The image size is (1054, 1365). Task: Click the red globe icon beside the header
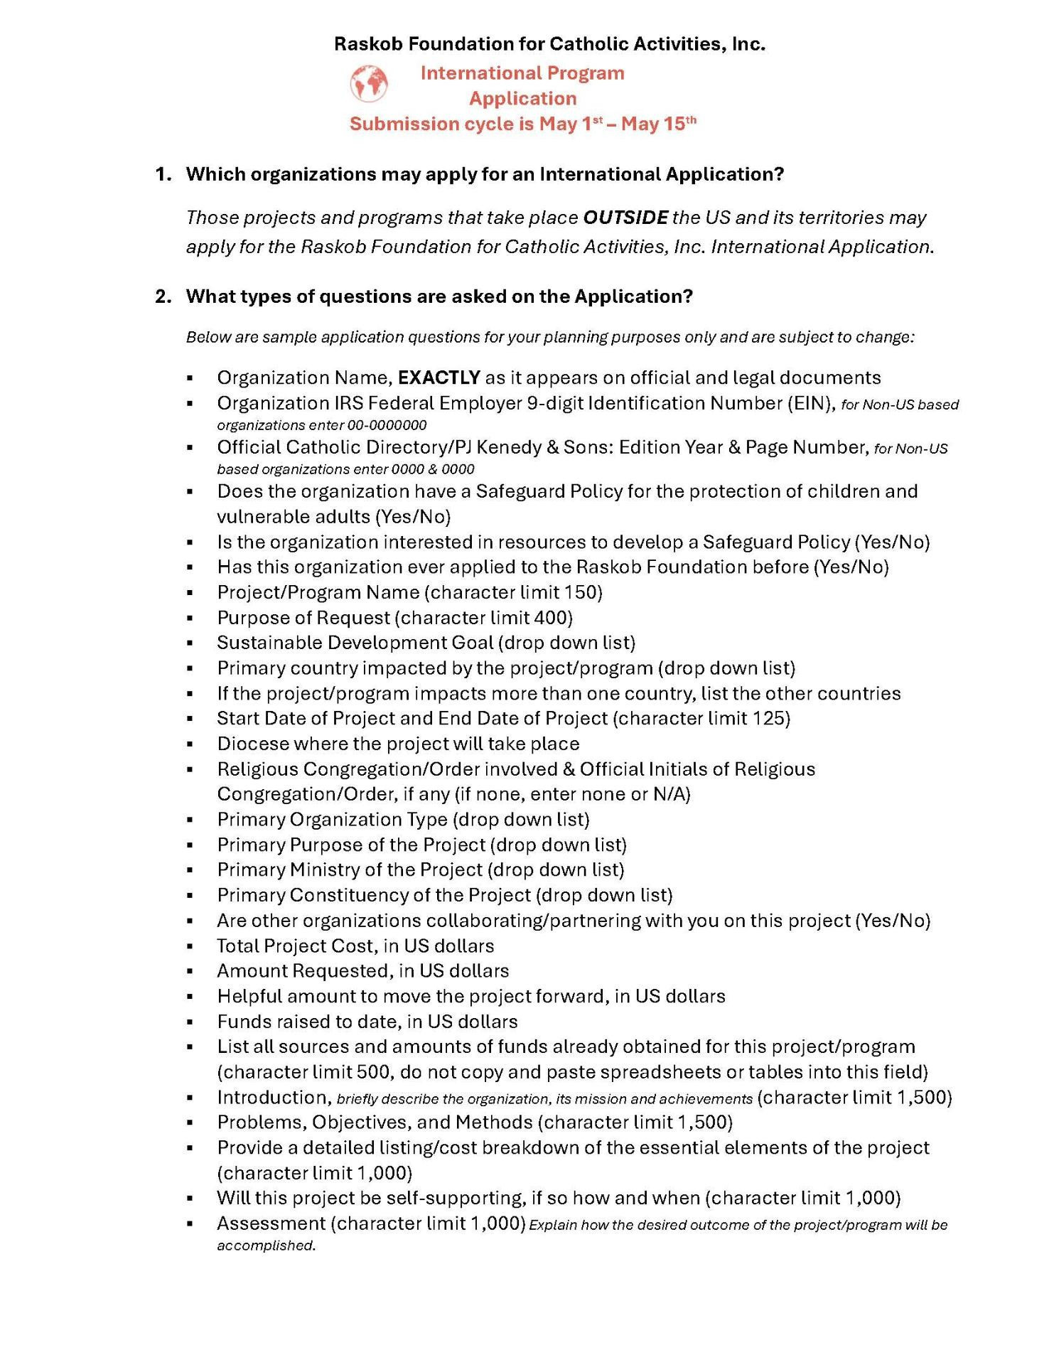coord(369,84)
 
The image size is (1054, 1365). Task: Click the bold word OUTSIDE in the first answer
coord(625,218)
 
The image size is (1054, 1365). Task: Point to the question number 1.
coord(163,174)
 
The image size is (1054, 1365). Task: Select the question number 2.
coord(163,296)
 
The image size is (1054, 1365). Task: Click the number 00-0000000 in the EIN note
coord(387,425)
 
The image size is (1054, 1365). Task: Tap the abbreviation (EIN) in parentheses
coord(810,403)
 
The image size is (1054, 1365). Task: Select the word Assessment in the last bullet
coord(271,1224)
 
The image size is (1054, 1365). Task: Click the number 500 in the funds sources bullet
coord(372,1072)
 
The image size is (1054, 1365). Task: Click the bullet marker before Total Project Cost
coord(190,946)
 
